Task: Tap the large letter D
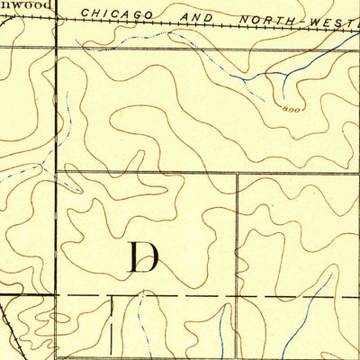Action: click(142, 257)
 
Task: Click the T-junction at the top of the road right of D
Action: click(237, 173)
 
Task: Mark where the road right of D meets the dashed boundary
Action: click(237, 294)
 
